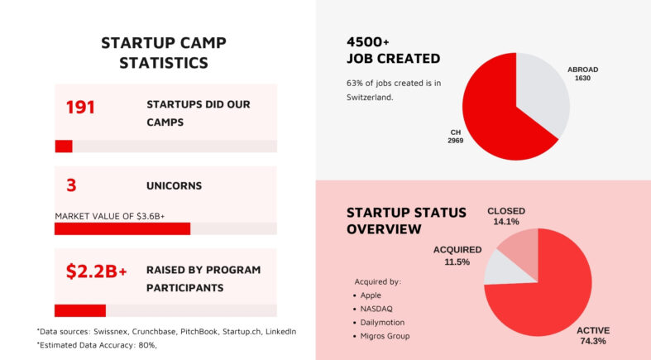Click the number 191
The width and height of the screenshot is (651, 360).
(80, 107)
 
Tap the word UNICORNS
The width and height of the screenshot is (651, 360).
(174, 185)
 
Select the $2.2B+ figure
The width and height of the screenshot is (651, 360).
(96, 271)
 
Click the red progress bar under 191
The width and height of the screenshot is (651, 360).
(64, 146)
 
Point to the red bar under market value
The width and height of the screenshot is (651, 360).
(122, 228)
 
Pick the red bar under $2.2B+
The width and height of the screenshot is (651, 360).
(80, 310)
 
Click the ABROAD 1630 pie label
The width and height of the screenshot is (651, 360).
(582, 74)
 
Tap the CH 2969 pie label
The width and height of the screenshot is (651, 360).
(455, 136)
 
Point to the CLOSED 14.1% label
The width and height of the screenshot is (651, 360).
(505, 216)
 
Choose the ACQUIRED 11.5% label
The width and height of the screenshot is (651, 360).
(457, 255)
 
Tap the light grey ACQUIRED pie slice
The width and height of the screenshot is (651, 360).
(500, 266)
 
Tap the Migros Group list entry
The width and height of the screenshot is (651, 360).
(385, 336)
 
